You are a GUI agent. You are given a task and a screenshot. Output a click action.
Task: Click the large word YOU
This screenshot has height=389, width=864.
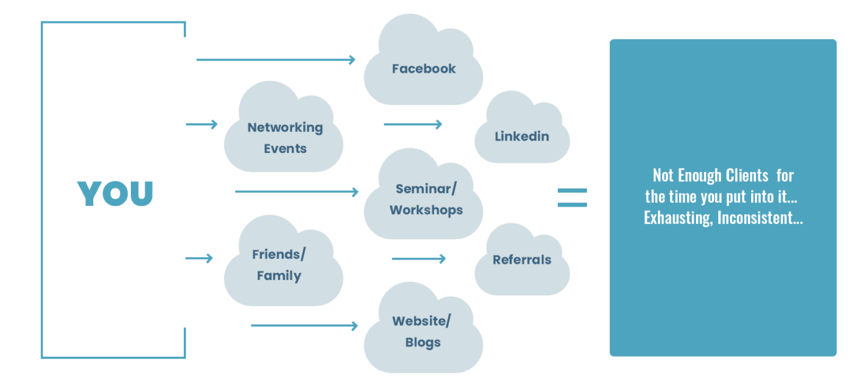click(115, 194)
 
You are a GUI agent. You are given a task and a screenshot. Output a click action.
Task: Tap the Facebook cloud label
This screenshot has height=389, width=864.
click(423, 68)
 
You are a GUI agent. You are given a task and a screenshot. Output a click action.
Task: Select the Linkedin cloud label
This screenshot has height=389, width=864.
click(521, 136)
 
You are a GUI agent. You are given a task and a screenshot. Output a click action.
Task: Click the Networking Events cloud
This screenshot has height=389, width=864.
click(285, 137)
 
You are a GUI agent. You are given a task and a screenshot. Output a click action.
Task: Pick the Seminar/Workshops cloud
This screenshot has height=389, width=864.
click(426, 199)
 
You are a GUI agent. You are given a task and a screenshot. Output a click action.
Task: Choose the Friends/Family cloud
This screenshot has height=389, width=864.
click(279, 264)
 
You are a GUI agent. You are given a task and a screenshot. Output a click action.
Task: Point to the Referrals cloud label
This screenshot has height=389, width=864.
click(521, 260)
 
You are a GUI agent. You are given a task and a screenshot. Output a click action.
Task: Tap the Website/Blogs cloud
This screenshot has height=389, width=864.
click(423, 331)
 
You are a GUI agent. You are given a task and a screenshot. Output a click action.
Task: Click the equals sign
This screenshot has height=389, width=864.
click(572, 197)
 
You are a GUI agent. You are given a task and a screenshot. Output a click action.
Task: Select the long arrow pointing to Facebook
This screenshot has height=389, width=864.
click(275, 60)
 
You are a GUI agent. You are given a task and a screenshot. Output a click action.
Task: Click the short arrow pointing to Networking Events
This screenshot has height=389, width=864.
click(202, 125)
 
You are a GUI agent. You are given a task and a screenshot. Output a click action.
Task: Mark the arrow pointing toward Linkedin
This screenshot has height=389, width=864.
click(413, 125)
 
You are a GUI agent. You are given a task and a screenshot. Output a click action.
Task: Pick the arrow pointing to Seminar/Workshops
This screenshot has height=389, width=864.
click(296, 192)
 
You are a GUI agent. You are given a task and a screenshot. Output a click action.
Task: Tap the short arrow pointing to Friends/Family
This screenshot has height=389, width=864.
click(199, 258)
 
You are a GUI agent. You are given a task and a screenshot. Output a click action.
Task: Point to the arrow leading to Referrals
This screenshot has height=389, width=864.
click(418, 259)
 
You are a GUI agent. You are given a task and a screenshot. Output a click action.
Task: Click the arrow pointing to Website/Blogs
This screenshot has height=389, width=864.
click(304, 326)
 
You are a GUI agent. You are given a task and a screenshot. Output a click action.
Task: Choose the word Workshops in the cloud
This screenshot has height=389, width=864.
click(426, 210)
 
